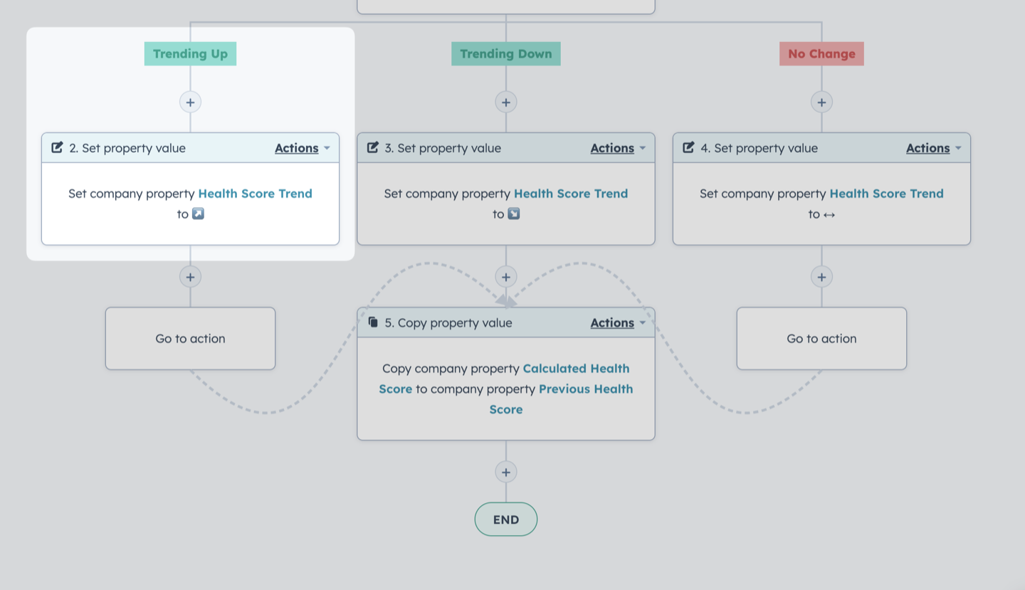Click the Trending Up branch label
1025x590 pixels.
pyautogui.click(x=190, y=54)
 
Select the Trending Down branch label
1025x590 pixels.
pyautogui.click(x=506, y=54)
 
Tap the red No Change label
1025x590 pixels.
pyautogui.click(x=822, y=54)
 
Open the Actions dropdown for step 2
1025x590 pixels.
pyautogui.click(x=302, y=148)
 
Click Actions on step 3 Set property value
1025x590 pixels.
pyautogui.click(x=618, y=148)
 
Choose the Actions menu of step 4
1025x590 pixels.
pyautogui.click(x=933, y=148)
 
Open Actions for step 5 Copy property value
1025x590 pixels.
pyautogui.click(x=618, y=323)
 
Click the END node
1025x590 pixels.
pyautogui.click(x=506, y=520)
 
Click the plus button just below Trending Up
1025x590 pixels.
pyautogui.click(x=190, y=102)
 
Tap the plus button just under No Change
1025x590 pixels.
pyautogui.click(x=822, y=102)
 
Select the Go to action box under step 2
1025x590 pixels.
pyautogui.click(x=190, y=339)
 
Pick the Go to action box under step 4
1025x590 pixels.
pyautogui.click(x=822, y=339)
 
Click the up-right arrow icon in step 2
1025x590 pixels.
pyautogui.click(x=198, y=214)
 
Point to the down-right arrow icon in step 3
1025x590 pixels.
pyautogui.click(x=514, y=214)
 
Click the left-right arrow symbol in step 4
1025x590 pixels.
pyautogui.click(x=829, y=214)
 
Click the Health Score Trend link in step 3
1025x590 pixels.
pyautogui.click(x=571, y=194)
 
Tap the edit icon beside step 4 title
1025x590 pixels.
pyautogui.click(x=688, y=147)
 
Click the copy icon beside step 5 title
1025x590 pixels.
pyautogui.click(x=373, y=322)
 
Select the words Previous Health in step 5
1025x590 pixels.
pyautogui.click(x=587, y=389)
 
